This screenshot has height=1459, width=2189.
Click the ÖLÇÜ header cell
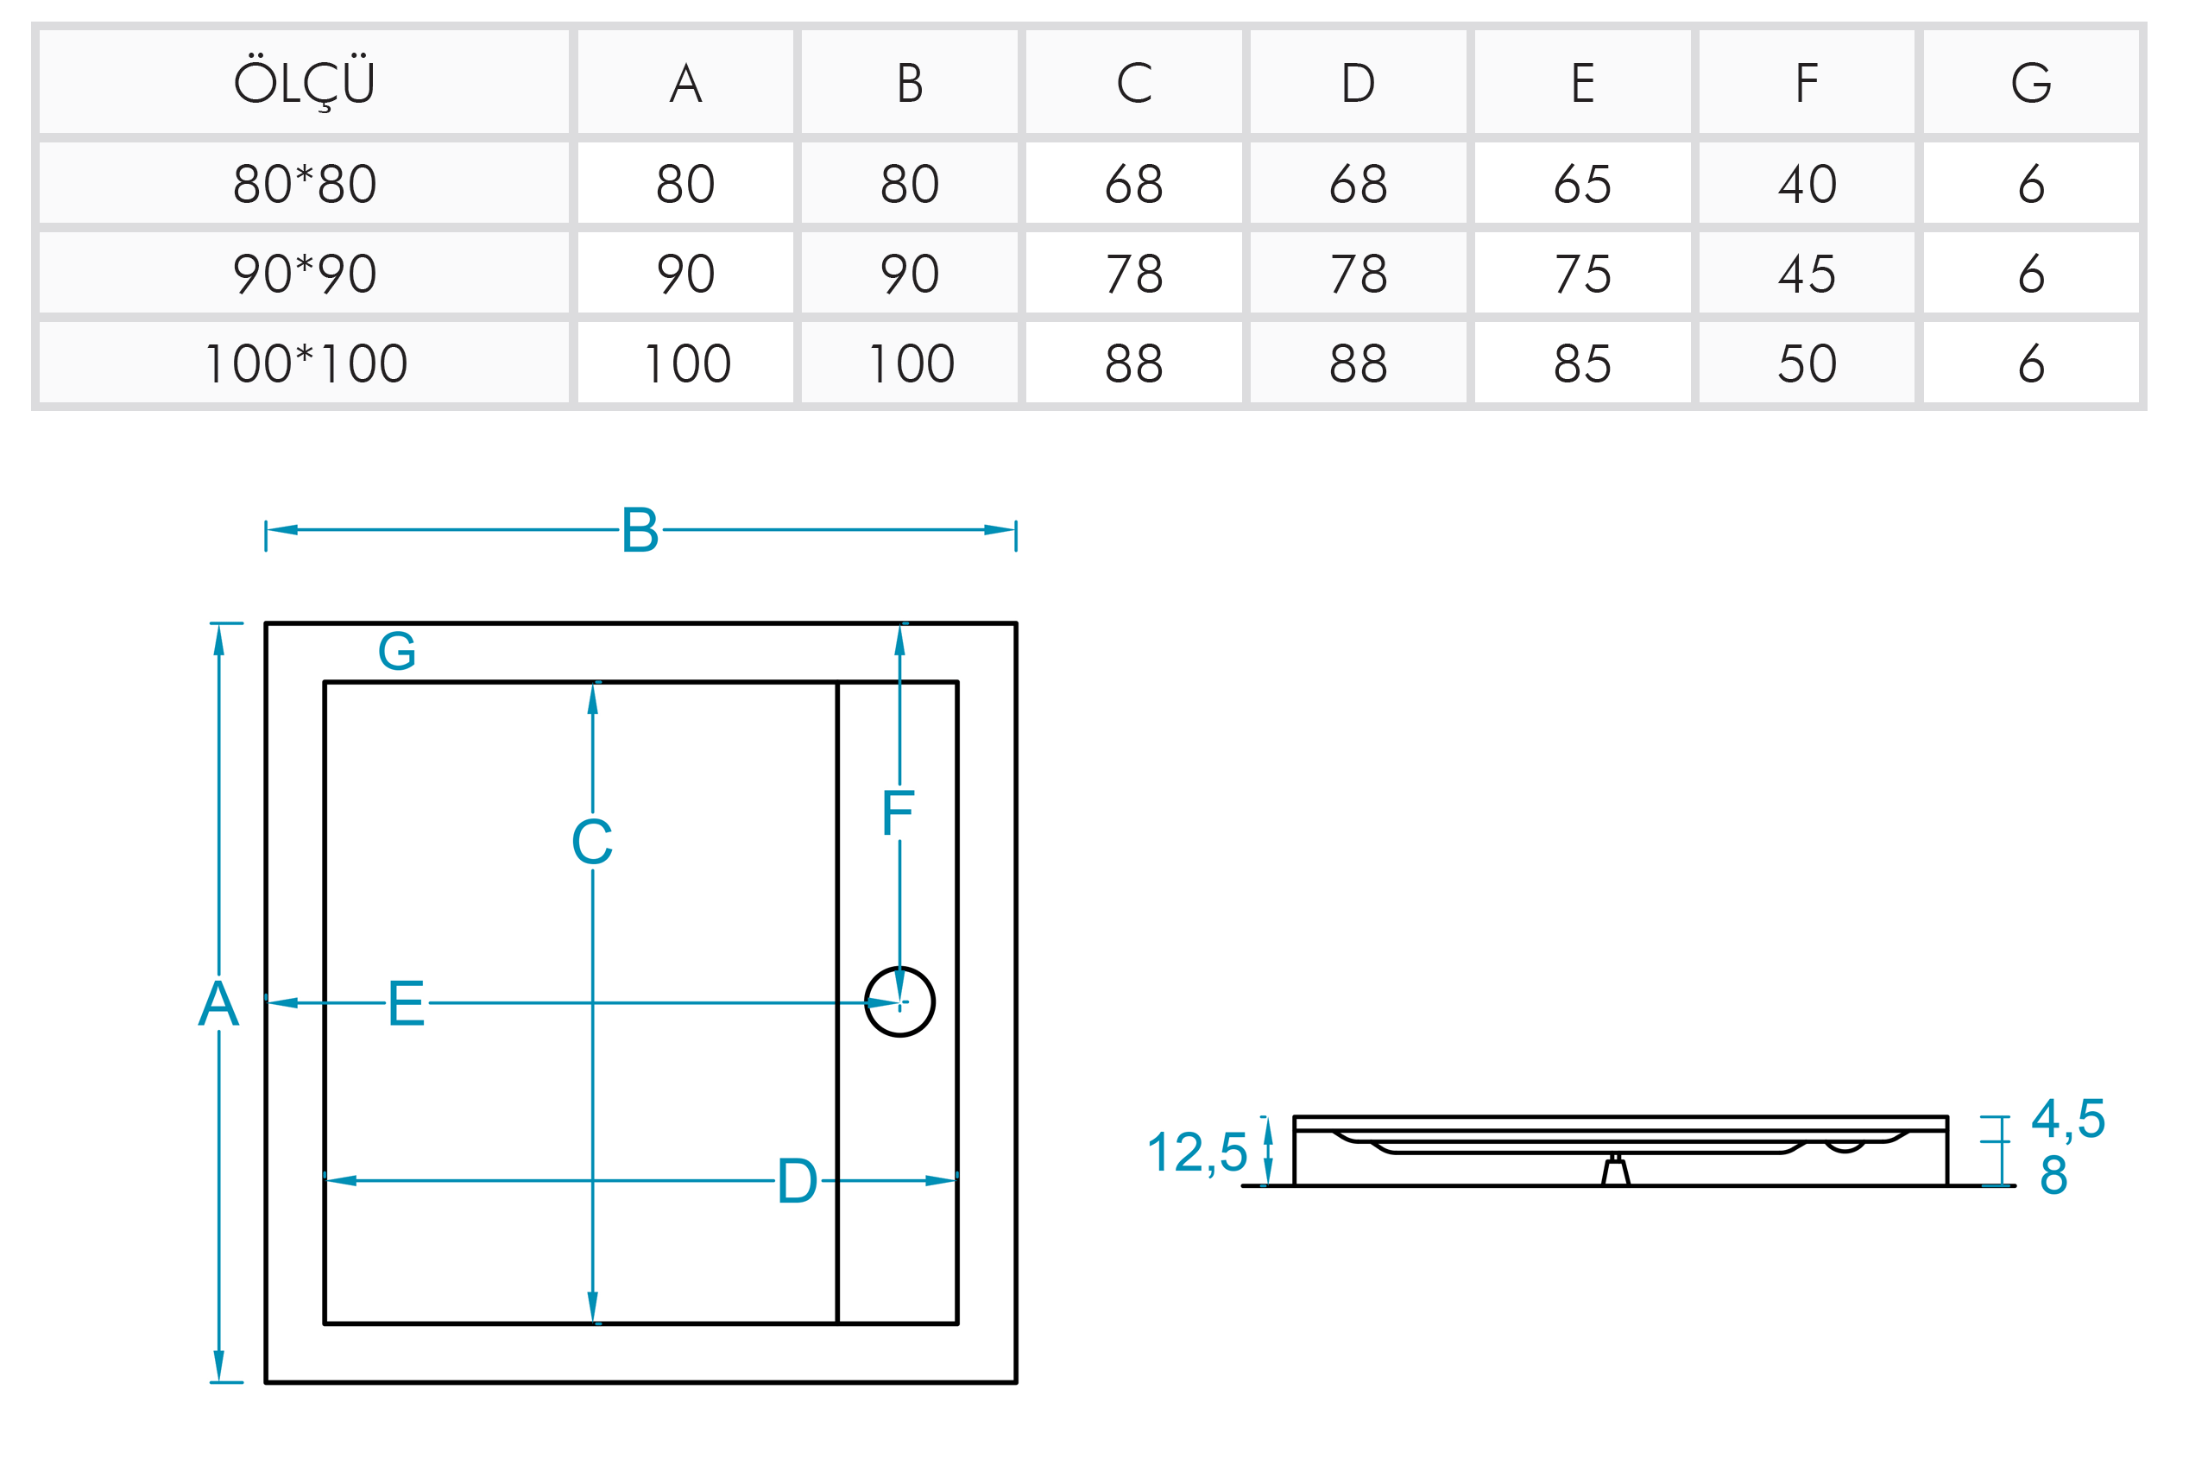(x=304, y=83)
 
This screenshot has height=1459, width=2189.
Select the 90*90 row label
(x=304, y=274)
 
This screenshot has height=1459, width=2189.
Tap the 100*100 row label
(x=304, y=363)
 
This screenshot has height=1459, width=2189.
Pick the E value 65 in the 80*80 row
(x=1581, y=183)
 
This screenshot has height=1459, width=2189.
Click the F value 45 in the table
(x=1806, y=274)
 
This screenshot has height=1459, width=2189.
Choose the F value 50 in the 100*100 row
(x=1806, y=363)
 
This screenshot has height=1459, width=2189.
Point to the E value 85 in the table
(x=1581, y=363)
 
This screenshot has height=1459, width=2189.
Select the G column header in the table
(x=2030, y=83)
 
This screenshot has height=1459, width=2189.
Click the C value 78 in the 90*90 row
(x=1133, y=274)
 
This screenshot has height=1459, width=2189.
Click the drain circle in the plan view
(x=899, y=1002)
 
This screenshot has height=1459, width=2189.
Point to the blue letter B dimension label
(x=640, y=530)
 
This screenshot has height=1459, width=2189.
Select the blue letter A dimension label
(x=218, y=1004)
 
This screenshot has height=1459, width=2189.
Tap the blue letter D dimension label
(x=798, y=1181)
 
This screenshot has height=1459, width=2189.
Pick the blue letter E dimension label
(x=407, y=1004)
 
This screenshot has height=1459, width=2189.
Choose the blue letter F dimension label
(x=898, y=813)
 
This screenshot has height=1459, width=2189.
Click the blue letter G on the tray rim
(x=397, y=650)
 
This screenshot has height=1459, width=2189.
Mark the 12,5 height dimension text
(x=1196, y=1153)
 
